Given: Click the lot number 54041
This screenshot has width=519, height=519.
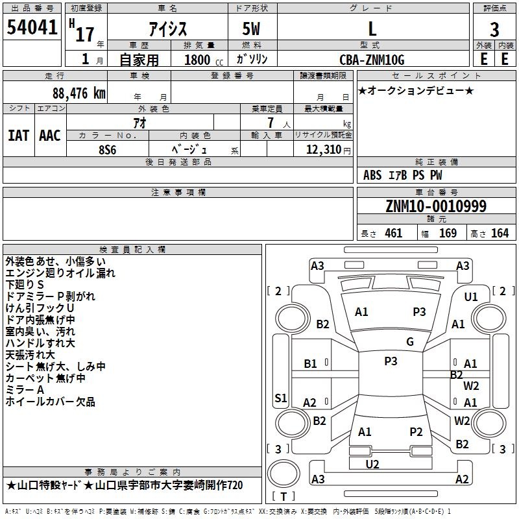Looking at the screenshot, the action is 32,27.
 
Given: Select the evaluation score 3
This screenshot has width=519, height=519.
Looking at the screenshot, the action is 494,30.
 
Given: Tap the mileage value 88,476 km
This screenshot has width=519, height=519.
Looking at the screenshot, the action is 79,93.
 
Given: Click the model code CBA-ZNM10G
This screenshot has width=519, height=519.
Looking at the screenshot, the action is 372,60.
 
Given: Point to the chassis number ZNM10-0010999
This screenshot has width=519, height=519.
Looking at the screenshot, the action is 436,206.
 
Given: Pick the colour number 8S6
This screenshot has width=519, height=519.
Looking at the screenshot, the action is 108,150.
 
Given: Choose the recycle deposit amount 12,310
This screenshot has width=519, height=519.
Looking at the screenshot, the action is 324,150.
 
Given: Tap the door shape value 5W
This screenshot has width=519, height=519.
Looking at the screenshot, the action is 251,29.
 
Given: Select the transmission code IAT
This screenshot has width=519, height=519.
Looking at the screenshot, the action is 19,136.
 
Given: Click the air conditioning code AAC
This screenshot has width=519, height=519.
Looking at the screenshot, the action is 50,136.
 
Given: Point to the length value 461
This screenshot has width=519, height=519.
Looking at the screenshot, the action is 394,233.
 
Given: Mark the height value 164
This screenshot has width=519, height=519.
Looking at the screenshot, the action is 500,233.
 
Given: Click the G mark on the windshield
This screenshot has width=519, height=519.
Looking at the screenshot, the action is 410,342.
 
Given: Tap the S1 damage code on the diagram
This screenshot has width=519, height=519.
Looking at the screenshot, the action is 281,398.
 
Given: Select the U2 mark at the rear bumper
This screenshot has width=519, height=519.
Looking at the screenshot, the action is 372,464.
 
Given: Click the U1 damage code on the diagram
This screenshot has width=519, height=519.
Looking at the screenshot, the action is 471,297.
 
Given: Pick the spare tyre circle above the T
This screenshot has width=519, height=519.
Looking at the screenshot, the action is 284,474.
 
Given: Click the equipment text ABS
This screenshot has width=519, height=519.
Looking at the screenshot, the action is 372,175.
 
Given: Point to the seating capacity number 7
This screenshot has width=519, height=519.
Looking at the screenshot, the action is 271,123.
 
